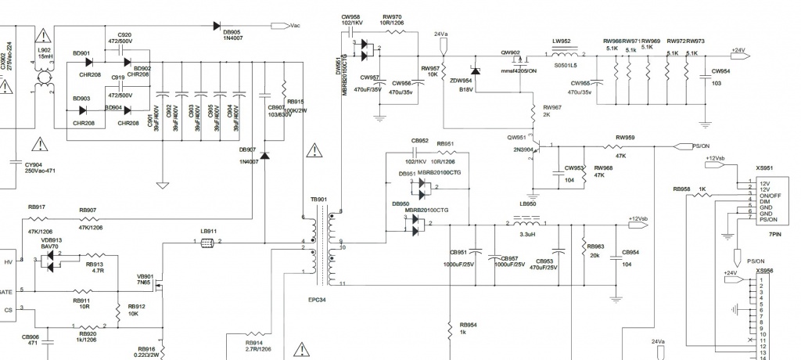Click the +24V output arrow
[738, 51]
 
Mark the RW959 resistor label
[624, 138]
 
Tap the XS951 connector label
[764, 167]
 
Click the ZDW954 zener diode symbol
[475, 71]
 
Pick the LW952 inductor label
[562, 41]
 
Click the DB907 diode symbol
[264, 157]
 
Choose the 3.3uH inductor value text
[526, 234]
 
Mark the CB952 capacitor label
[420, 142]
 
